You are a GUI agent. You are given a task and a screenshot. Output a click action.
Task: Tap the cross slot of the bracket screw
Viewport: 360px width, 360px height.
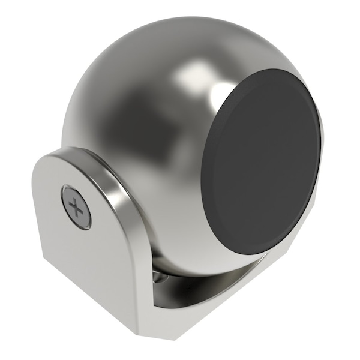coord(76,208)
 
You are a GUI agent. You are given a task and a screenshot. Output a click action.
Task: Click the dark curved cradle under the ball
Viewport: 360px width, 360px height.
coord(198,294)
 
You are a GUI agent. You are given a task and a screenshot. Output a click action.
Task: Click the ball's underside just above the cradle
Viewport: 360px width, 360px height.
coord(192,264)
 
